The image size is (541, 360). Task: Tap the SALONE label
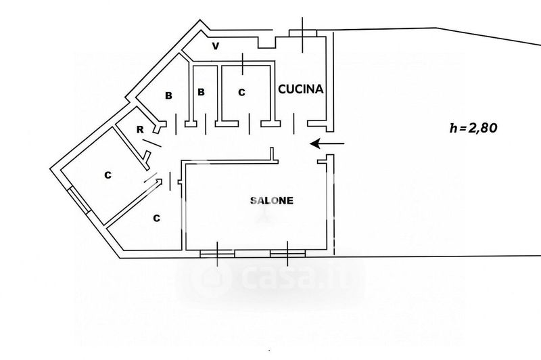pyautogui.click(x=272, y=200)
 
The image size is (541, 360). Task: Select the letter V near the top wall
pyautogui.click(x=216, y=47)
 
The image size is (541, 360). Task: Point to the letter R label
pyautogui.click(x=139, y=129)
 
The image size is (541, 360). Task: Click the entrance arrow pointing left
pyautogui.click(x=327, y=143)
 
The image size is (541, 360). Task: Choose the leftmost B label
pyautogui.click(x=168, y=96)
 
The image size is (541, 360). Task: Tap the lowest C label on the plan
pyautogui.click(x=156, y=219)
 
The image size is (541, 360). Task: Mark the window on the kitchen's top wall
pyautogui.click(x=303, y=33)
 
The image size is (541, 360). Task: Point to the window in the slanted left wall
pyautogui.click(x=79, y=200)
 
